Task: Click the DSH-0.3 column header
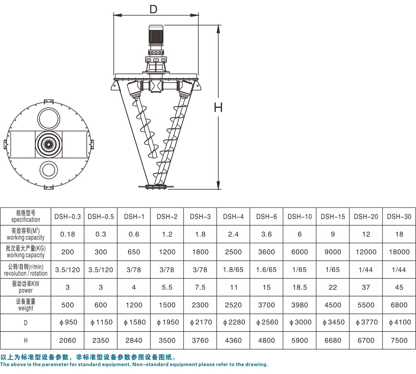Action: [67, 216]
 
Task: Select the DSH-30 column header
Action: [399, 216]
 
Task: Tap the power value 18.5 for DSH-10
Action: [300, 287]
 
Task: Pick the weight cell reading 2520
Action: [233, 305]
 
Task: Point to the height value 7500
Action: [399, 341]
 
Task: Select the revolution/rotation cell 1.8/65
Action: [233, 270]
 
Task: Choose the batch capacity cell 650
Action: [134, 252]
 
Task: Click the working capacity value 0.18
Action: [67, 234]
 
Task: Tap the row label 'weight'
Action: [25, 308]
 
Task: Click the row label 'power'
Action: [25, 290]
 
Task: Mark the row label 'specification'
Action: [25, 220]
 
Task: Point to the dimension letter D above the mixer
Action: [153, 9]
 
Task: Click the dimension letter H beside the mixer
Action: [218, 107]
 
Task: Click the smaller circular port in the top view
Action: [49, 170]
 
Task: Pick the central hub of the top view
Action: [48, 144]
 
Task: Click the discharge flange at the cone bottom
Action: [156, 187]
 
